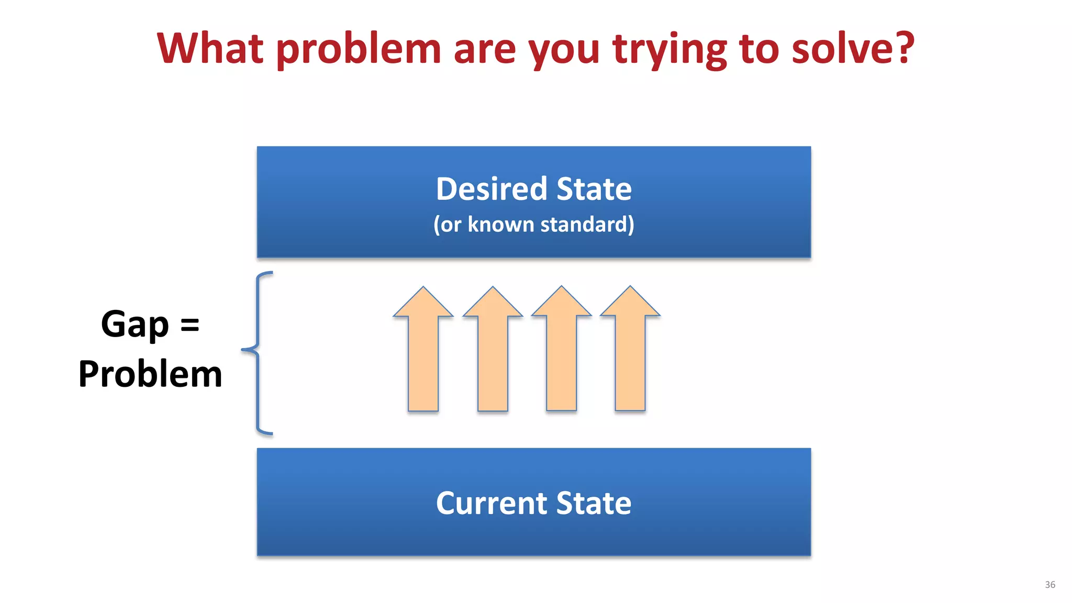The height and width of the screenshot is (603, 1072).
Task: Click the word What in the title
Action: point(210,48)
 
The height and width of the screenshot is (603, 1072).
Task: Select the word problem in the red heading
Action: point(359,50)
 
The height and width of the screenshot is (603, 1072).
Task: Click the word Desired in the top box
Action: point(492,189)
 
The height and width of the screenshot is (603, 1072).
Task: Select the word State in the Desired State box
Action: point(594,189)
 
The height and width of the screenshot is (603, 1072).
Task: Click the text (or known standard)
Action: point(533,225)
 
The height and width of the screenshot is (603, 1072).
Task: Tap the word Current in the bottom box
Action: point(492,504)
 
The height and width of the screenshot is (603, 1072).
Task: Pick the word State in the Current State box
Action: point(594,504)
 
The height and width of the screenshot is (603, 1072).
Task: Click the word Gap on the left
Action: point(135,325)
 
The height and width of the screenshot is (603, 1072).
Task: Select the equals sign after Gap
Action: point(189,325)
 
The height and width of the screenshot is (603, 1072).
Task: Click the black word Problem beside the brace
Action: point(150,374)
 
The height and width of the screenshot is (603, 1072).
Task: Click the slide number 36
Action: point(1049,585)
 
